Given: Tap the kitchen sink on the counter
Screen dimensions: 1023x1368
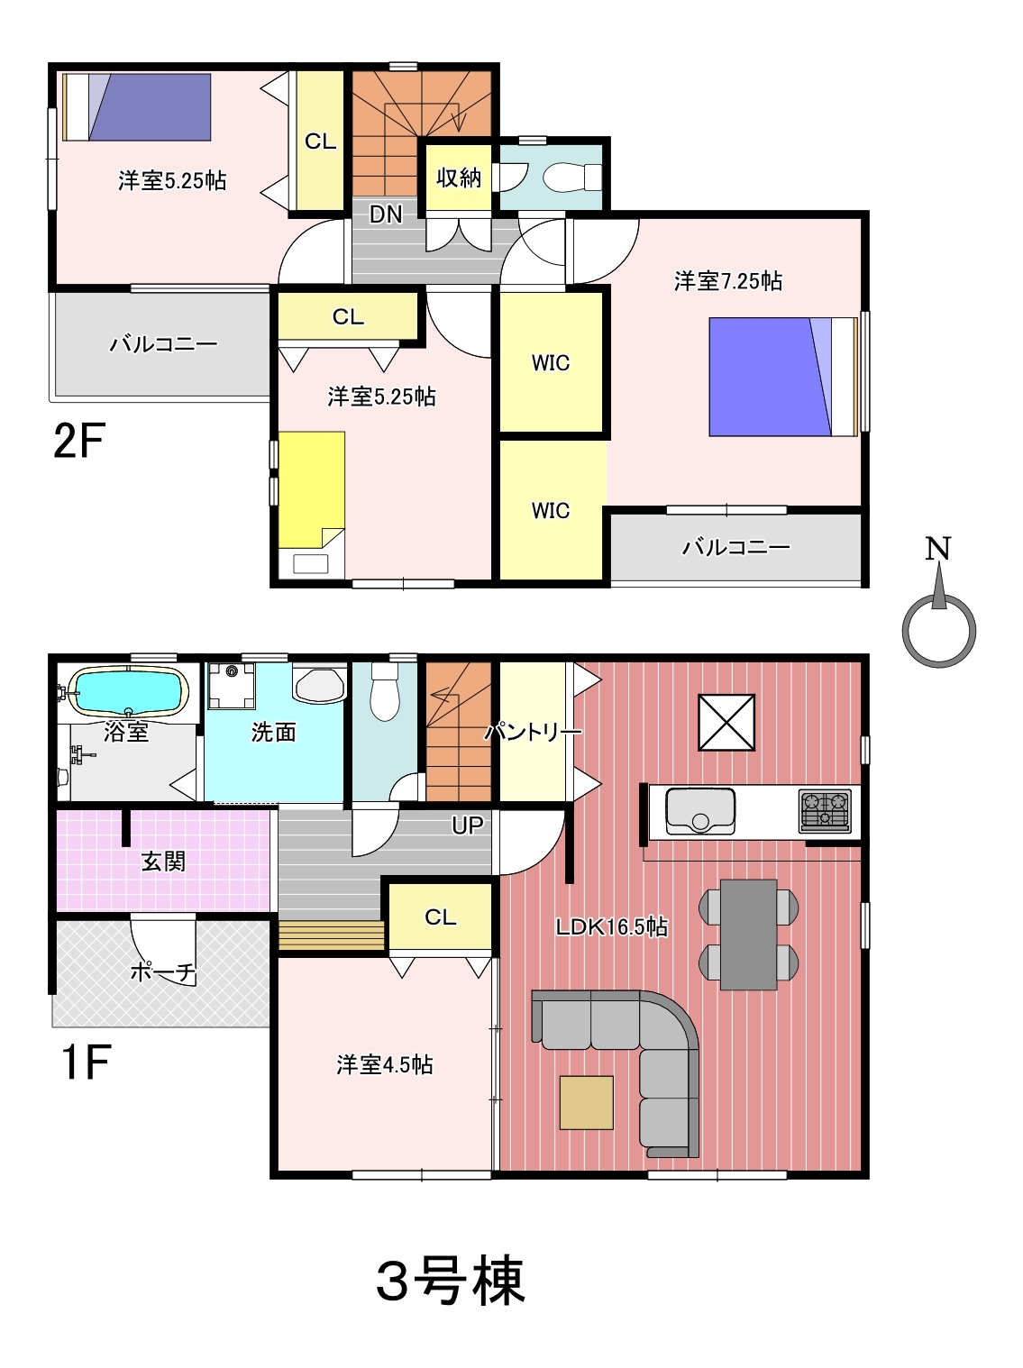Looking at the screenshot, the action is [700, 811].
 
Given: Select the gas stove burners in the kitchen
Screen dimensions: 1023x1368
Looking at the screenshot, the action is [825, 811].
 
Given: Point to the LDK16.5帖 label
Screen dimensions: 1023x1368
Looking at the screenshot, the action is [612, 927].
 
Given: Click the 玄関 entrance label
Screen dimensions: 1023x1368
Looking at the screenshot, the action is [163, 862].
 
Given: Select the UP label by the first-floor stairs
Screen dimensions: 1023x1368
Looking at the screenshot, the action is [467, 825].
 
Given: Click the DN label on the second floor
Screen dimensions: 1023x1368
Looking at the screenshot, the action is [386, 214].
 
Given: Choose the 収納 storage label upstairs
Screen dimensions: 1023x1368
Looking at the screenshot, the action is [459, 178].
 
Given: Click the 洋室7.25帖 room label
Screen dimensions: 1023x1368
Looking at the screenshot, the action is [727, 281].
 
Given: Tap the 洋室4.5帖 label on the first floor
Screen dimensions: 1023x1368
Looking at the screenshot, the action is [384, 1064].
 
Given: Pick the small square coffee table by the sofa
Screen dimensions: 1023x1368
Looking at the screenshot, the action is [586, 1102].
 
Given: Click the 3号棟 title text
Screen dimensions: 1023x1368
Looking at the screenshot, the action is [450, 1280].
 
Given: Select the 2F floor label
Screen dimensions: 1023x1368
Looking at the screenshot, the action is [79, 440].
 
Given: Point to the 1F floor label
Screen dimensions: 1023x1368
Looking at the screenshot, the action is [86, 1062].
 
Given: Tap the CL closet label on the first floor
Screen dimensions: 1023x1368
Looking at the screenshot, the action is [441, 917].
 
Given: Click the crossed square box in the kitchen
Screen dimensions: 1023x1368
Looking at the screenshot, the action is [726, 723].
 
